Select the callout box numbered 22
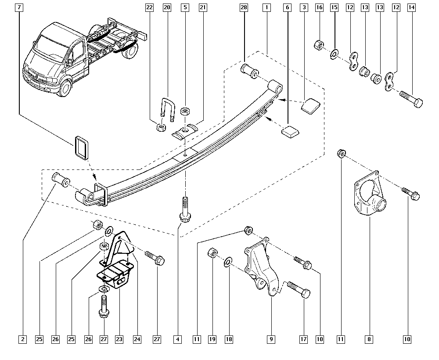pos(150,7)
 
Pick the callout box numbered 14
pos(411,7)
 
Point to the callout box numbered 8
pos(369,339)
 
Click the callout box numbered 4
pos(177,339)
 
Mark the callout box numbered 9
pos(271,339)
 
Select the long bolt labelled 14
pos(411,99)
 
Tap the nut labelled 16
pos(319,45)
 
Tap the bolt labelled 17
pos(299,289)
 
